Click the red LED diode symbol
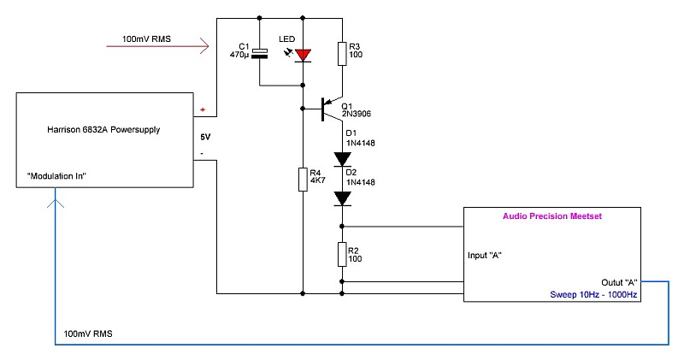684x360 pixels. pos(303,56)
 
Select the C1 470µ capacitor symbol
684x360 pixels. pos(260,54)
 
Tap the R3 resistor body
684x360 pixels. pos(342,54)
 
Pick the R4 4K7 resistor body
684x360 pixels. pos(303,180)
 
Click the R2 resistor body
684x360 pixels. pos(342,255)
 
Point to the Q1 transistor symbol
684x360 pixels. pos(329,109)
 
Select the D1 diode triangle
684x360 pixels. pos(342,159)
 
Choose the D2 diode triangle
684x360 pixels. pos(342,198)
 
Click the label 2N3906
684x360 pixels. pos(357,114)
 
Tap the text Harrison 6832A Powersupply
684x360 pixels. pos(103,130)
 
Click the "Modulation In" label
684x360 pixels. pos(56,176)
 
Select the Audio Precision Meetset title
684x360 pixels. pos(552,216)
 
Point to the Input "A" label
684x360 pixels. pos(484,256)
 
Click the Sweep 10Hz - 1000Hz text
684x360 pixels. pos(593,294)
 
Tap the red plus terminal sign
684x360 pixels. pos(203,109)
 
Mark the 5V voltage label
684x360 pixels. pos(205,137)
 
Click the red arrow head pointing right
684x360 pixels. pos(204,46)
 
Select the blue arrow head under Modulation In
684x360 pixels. pos(56,204)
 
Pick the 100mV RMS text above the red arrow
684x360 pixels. pos(146,38)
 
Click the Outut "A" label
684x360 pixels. pos(619,283)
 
